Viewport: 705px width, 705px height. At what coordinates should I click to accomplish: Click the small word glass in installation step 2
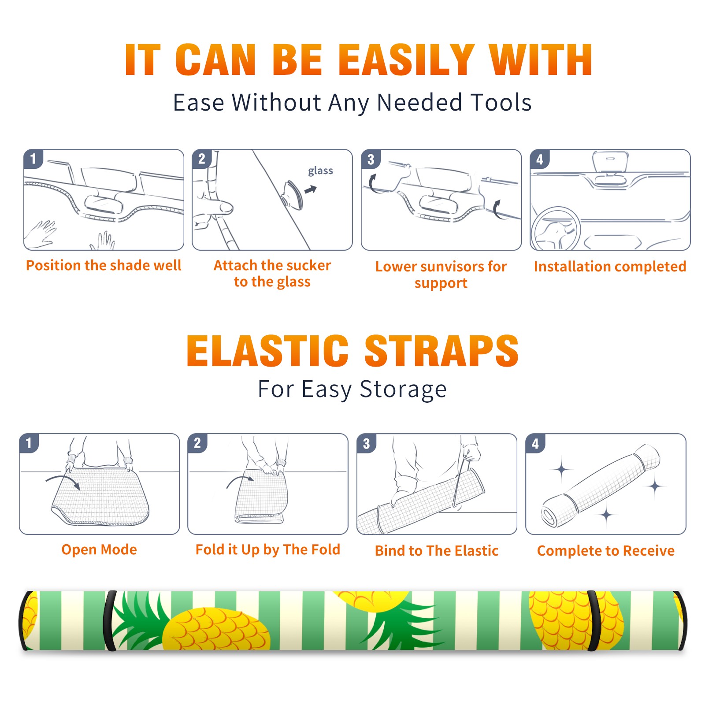click(320, 171)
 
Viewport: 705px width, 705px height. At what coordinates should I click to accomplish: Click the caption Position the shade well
click(104, 265)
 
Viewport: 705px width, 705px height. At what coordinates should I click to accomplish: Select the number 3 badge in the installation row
click(371, 159)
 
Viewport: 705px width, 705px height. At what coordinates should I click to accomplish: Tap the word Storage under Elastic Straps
click(403, 390)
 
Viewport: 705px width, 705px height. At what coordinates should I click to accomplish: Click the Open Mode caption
click(99, 549)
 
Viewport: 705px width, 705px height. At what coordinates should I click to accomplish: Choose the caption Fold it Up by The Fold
click(268, 549)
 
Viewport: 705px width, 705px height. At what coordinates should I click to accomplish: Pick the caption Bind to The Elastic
click(437, 551)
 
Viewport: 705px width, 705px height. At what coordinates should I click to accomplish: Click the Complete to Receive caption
click(606, 551)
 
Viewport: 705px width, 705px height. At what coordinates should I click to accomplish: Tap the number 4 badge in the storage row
click(535, 443)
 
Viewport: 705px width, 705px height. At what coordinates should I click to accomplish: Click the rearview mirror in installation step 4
click(610, 163)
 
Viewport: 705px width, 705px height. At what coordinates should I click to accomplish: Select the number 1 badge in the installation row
click(33, 159)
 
